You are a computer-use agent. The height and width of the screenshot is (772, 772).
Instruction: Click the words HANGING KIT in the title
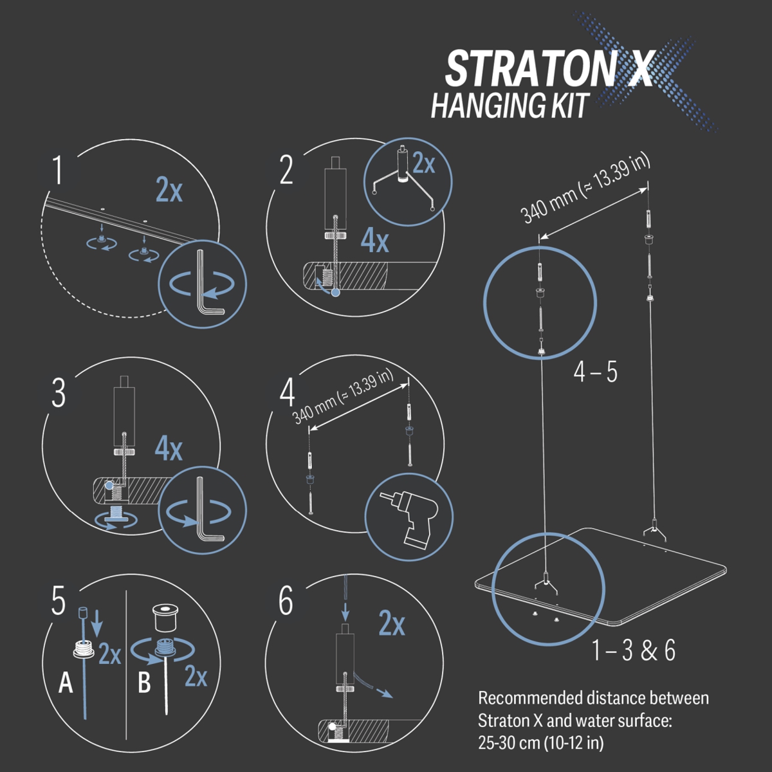(510, 105)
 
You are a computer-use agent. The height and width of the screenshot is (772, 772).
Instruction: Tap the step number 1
(59, 170)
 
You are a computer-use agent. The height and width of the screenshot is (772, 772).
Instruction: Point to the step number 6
(286, 601)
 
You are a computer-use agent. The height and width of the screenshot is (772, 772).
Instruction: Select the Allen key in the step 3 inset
(207, 509)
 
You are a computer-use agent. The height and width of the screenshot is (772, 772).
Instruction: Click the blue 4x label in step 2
(374, 241)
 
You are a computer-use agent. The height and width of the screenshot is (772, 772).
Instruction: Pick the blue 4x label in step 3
(169, 450)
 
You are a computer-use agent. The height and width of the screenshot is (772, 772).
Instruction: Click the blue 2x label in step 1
(169, 190)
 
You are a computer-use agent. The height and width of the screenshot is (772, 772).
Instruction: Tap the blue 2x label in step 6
(392, 624)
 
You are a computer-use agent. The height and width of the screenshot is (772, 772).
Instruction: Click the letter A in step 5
(66, 683)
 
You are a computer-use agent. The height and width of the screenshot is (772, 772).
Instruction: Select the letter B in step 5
(144, 683)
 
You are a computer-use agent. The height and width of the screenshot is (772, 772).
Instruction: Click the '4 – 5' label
(595, 372)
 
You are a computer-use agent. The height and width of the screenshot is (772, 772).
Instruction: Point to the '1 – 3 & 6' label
(634, 650)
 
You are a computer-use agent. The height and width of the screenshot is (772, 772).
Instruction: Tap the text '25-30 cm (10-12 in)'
(541, 743)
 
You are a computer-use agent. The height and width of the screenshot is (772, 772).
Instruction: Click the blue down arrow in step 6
(345, 609)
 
